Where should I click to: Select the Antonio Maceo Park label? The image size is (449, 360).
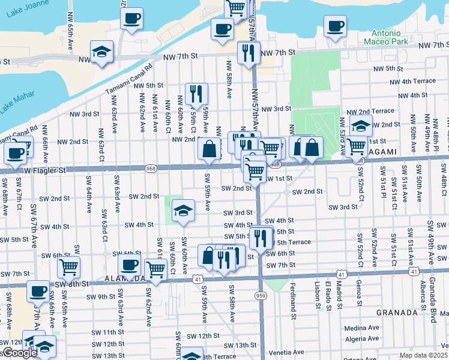point(385,37)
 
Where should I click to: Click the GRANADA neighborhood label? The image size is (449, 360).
point(396,313)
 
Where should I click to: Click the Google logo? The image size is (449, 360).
point(20,353)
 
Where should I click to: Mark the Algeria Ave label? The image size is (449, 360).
point(362,339)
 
